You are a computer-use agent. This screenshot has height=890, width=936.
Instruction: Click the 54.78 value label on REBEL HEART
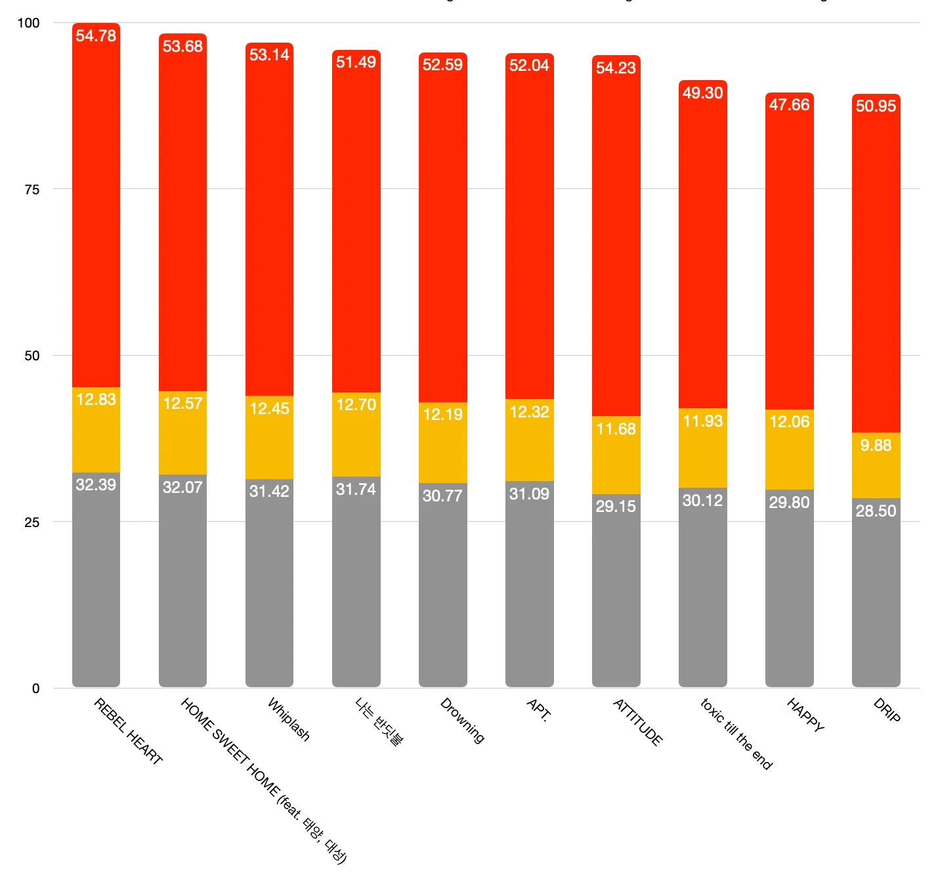click(x=96, y=36)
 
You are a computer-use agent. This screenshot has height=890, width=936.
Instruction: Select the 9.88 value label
click(x=876, y=446)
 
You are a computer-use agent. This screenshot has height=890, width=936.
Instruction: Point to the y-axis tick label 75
click(x=32, y=190)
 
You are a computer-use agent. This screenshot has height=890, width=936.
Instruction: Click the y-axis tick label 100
click(x=28, y=23)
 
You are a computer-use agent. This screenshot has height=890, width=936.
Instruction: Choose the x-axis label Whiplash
click(x=289, y=719)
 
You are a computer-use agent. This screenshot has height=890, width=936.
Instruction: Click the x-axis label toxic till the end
click(x=736, y=734)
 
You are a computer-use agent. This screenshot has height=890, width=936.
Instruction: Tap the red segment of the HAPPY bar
click(x=789, y=263)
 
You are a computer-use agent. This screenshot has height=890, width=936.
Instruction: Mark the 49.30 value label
click(x=702, y=93)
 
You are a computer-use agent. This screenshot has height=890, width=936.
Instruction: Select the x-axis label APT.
click(x=539, y=710)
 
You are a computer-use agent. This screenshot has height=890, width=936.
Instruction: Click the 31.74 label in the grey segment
click(x=356, y=490)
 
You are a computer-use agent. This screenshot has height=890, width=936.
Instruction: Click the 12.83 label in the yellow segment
click(x=96, y=400)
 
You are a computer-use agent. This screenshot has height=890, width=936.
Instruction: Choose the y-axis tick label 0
click(x=36, y=689)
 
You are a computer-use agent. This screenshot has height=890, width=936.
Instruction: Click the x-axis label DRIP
click(x=887, y=710)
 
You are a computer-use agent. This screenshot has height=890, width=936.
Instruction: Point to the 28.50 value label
click(x=876, y=511)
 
